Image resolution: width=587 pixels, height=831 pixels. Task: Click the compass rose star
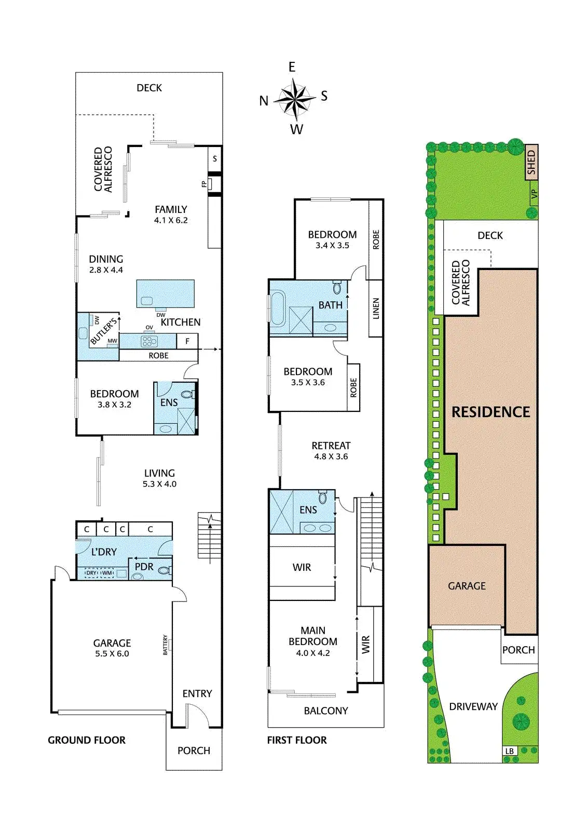(294, 98)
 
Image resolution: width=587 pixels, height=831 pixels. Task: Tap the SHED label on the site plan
(530, 163)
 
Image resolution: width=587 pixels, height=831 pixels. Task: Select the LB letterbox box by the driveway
(509, 751)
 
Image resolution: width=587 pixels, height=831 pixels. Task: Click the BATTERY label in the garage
(166, 645)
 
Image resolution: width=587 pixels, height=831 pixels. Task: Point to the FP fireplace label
(204, 184)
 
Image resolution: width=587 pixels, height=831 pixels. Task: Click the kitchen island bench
(165, 294)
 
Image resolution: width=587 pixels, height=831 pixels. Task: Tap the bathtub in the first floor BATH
(277, 308)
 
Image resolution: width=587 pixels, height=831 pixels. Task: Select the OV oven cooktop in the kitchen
(149, 341)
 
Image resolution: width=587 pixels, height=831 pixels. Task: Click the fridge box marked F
(187, 341)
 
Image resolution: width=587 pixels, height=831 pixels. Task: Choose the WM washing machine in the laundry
(107, 573)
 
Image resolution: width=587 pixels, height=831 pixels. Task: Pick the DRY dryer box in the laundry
(91, 573)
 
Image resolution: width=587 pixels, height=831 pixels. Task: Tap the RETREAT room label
(331, 446)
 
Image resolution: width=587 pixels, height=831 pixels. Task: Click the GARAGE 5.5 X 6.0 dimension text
(112, 653)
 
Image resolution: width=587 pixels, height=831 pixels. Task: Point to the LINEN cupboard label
(376, 308)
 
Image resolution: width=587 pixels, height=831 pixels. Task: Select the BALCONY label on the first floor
(326, 711)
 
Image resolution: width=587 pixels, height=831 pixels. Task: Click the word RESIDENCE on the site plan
(490, 412)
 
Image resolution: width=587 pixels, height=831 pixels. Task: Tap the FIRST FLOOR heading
(297, 740)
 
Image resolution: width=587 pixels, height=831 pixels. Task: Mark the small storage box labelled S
(214, 159)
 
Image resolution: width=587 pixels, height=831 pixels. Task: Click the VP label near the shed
(534, 194)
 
